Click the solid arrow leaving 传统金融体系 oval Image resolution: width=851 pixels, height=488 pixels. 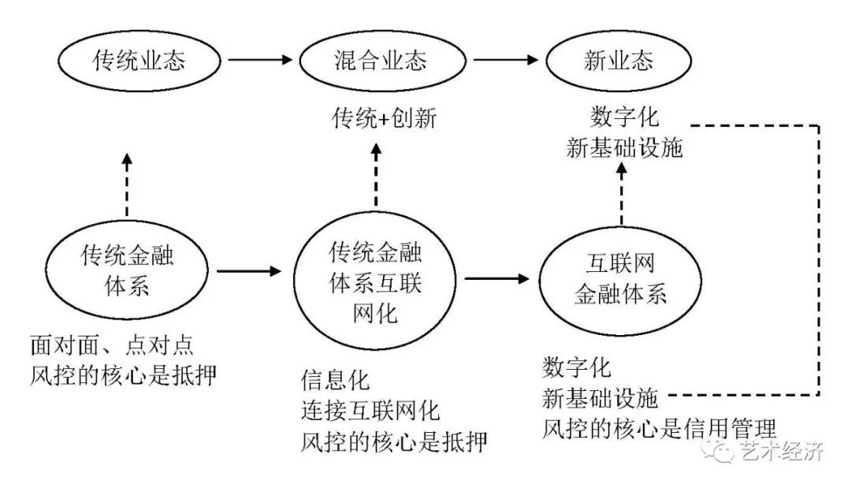pos(248,271)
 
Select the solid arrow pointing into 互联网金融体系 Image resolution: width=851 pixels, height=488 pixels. pos(496,278)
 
